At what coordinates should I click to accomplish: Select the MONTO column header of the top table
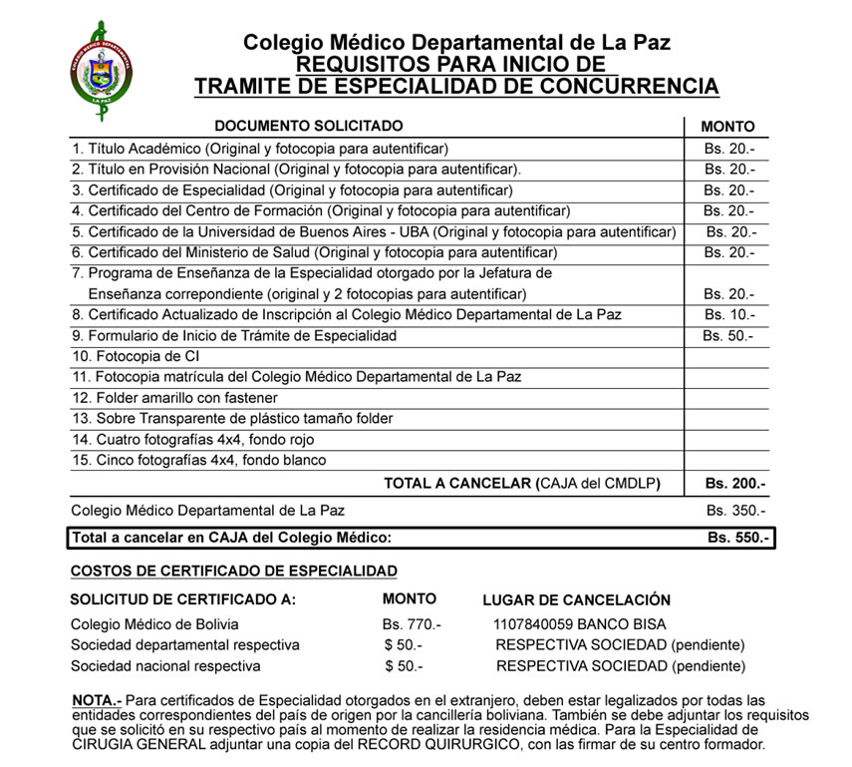[x=727, y=127]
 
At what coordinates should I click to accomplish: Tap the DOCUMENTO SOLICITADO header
[x=309, y=126]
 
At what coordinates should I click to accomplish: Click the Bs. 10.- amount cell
[x=728, y=315]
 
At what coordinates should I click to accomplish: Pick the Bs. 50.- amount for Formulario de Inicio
[x=727, y=336]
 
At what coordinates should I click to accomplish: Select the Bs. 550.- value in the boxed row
[x=738, y=539]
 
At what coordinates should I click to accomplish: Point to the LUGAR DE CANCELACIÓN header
[x=576, y=600]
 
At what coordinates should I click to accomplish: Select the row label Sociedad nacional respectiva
[x=165, y=666]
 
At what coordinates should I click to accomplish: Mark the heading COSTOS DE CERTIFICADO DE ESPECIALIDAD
[x=233, y=572]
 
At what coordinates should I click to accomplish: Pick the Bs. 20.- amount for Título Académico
[x=728, y=148]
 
